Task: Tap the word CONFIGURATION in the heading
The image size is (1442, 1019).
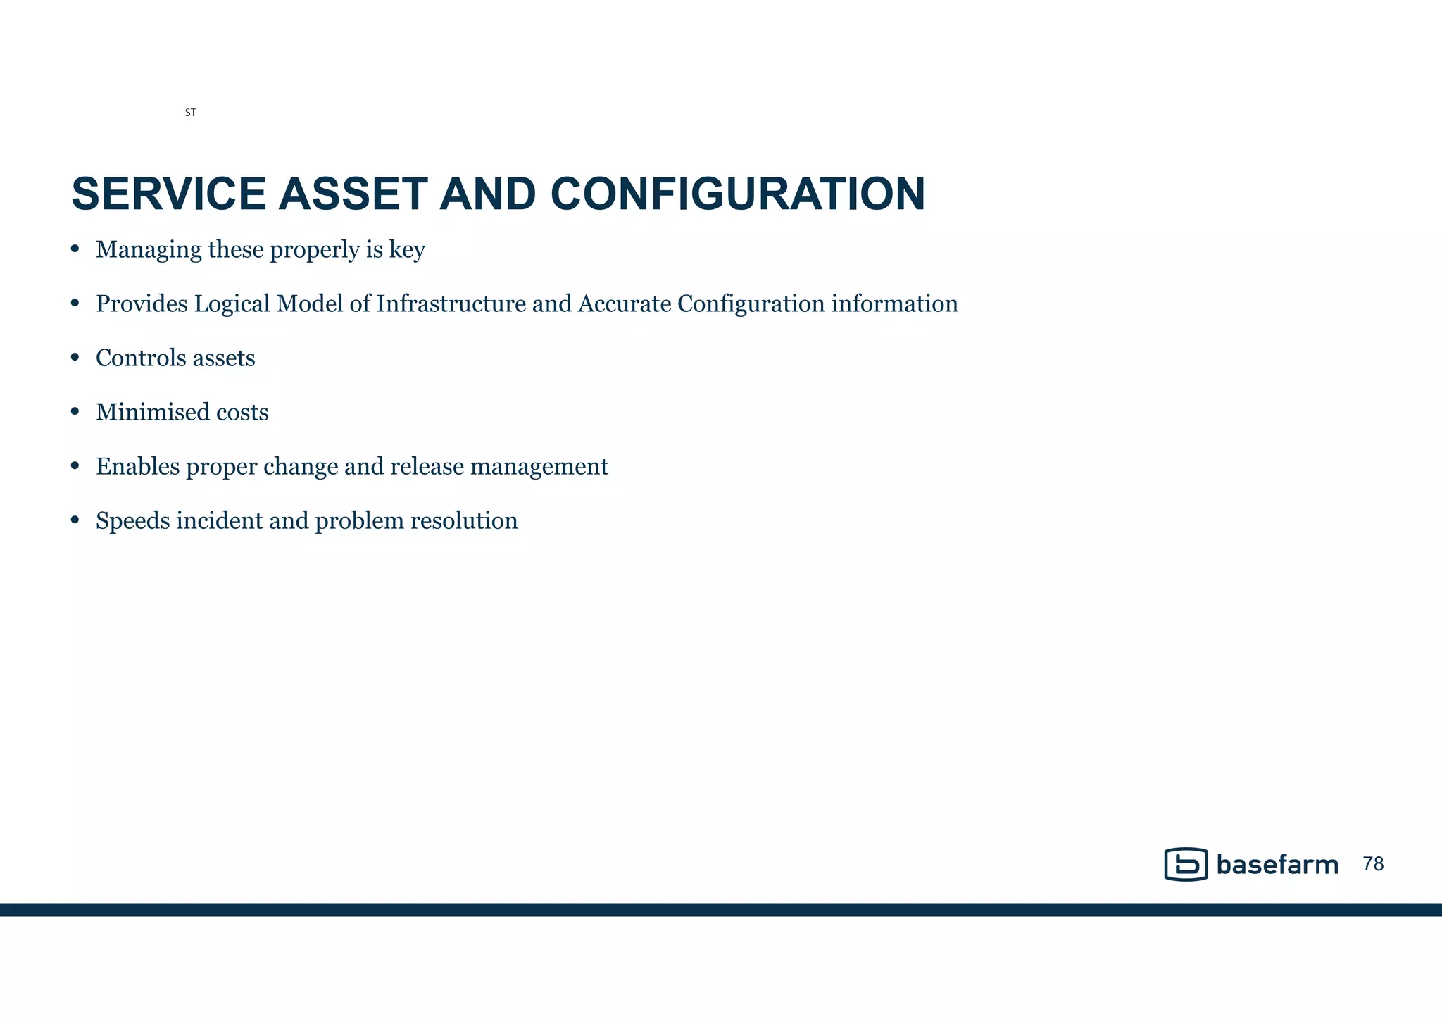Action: coord(737,194)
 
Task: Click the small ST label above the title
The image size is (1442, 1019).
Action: coord(190,113)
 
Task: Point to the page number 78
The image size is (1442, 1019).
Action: coord(1373,864)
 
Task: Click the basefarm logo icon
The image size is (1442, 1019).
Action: coord(1186,864)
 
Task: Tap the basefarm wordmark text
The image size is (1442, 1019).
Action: coord(1277,865)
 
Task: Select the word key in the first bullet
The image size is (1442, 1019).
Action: coord(407,250)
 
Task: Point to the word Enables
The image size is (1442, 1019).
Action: coord(138,466)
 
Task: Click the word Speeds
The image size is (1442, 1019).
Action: coord(132,521)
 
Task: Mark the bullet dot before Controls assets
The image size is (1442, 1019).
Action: coord(75,358)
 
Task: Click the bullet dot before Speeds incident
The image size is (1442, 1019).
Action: coord(75,520)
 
